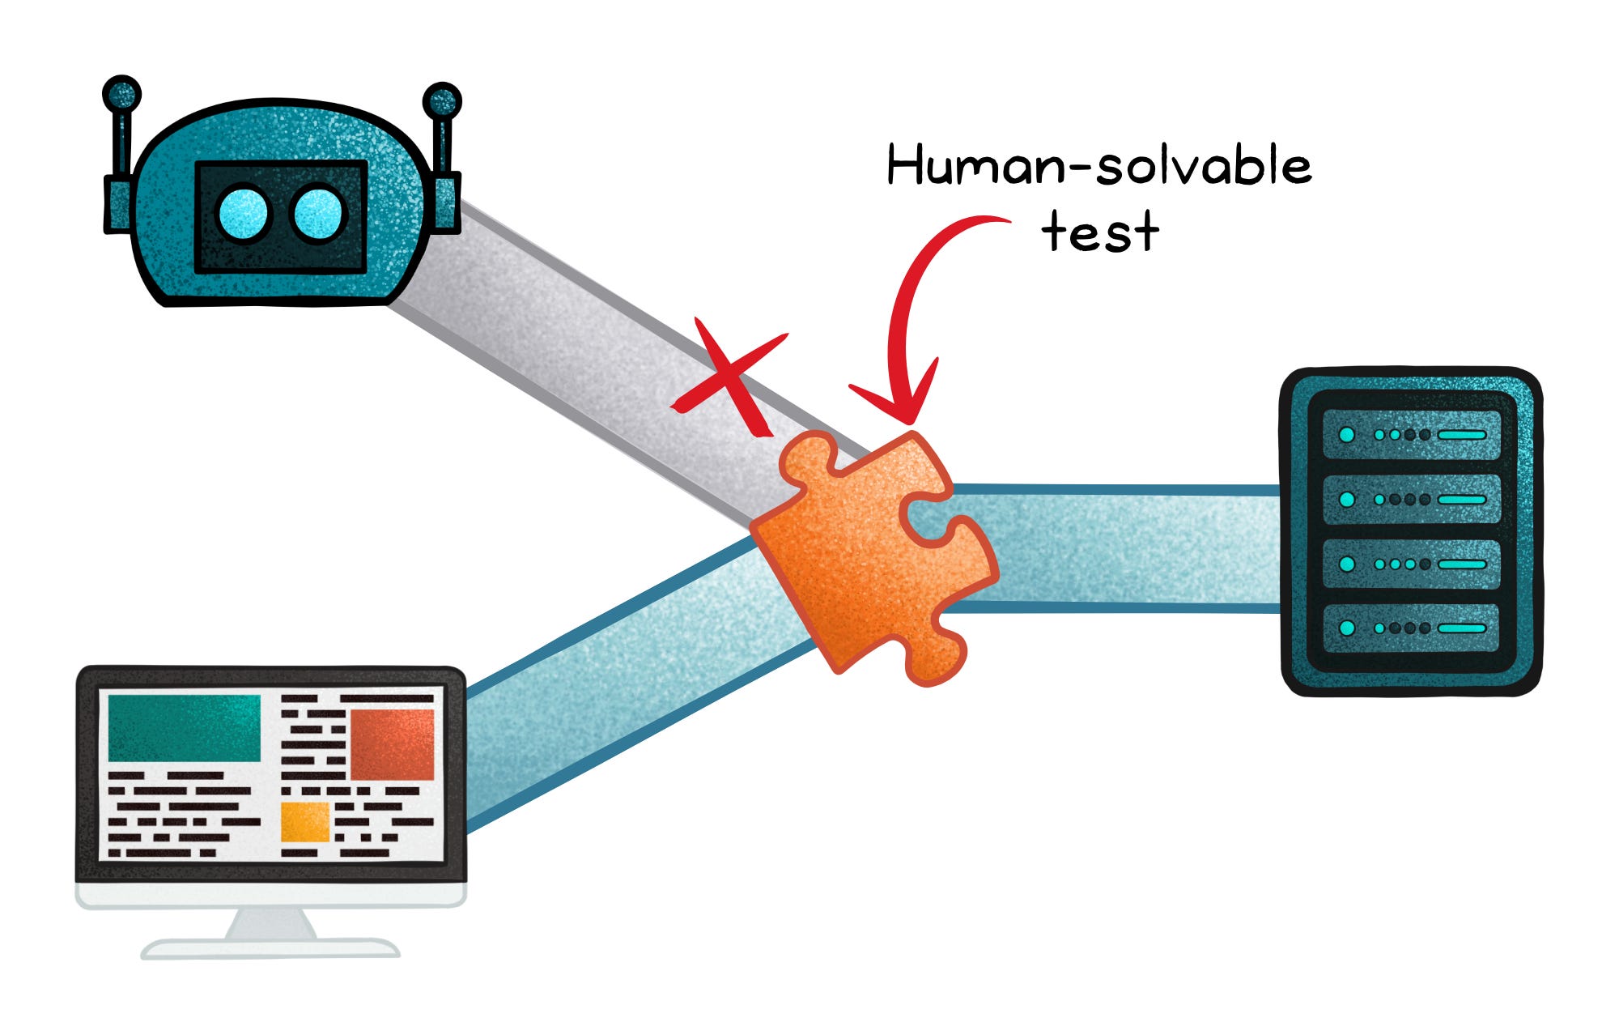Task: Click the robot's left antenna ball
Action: (x=122, y=94)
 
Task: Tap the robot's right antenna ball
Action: (x=442, y=101)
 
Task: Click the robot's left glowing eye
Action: (x=243, y=215)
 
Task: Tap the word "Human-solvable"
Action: (x=1098, y=165)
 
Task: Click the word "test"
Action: (x=1099, y=232)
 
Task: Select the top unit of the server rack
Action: (x=1411, y=435)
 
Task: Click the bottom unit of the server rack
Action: (x=1411, y=628)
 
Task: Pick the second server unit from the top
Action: (x=1411, y=499)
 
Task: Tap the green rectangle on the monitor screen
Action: (x=184, y=727)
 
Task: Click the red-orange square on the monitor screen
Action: (x=392, y=744)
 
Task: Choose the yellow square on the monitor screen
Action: (x=304, y=821)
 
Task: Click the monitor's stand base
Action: (x=270, y=948)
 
